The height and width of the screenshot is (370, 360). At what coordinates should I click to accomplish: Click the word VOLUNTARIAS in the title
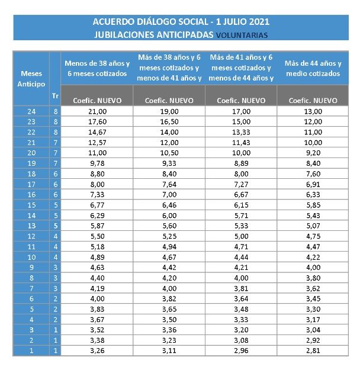(x=242, y=35)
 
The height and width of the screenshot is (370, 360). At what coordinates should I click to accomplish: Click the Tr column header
(x=55, y=94)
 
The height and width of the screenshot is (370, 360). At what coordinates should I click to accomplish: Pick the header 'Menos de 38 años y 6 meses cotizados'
(x=97, y=69)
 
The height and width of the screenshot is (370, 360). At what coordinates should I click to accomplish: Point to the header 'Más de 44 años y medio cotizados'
(x=313, y=69)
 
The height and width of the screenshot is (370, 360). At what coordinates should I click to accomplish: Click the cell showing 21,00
(x=97, y=111)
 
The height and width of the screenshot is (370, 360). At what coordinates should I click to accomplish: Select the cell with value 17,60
(x=97, y=121)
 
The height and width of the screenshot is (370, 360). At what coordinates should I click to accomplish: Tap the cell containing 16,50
(x=169, y=121)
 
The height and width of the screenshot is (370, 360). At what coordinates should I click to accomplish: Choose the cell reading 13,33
(x=240, y=131)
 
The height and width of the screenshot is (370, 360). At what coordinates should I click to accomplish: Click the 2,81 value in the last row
(x=313, y=350)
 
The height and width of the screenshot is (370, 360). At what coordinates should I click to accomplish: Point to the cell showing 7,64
(x=169, y=185)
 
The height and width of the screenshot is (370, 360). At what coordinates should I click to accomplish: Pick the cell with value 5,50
(x=97, y=235)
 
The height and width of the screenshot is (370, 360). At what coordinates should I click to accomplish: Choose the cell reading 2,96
(x=240, y=350)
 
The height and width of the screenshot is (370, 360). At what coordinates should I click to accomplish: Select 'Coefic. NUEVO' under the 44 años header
(x=313, y=101)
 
